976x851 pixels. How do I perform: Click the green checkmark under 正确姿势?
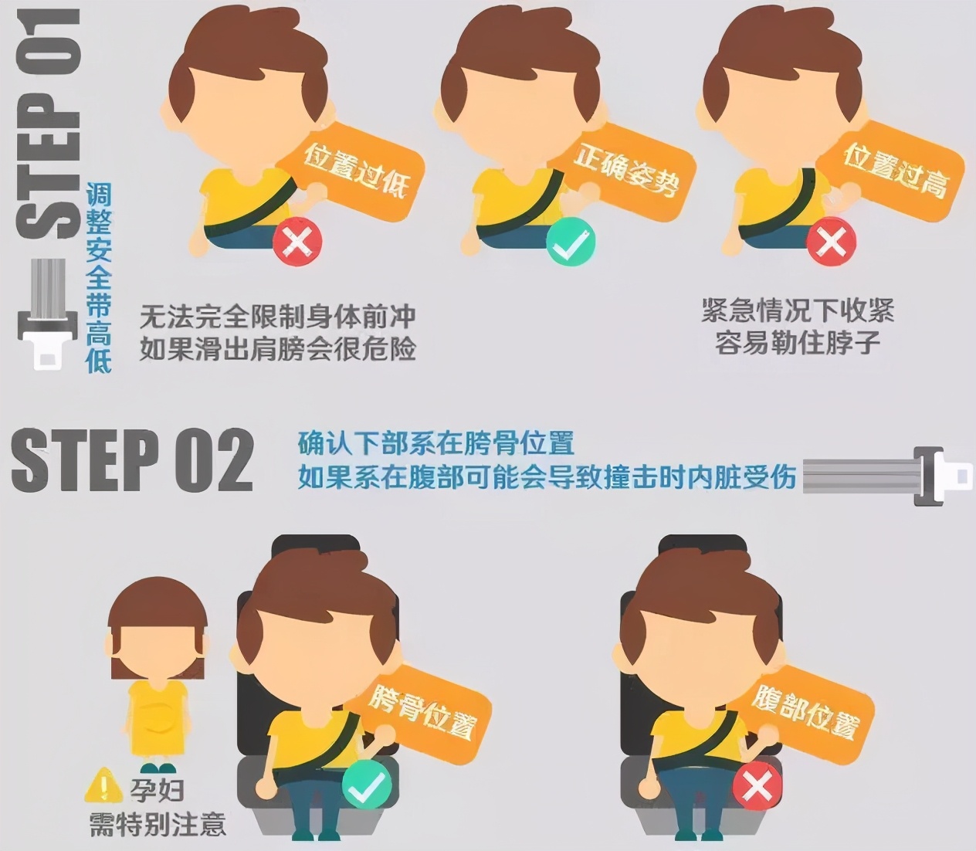pyautogui.click(x=571, y=242)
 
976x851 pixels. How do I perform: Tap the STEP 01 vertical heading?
pyautogui.click(x=48, y=124)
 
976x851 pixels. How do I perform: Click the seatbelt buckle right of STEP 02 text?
pyautogui.click(x=888, y=476)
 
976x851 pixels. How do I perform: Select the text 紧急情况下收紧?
pyautogui.click(x=798, y=311)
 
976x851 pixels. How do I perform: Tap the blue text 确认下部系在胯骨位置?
pyautogui.click(x=436, y=443)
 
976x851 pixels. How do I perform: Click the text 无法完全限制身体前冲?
pyautogui.click(x=278, y=317)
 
